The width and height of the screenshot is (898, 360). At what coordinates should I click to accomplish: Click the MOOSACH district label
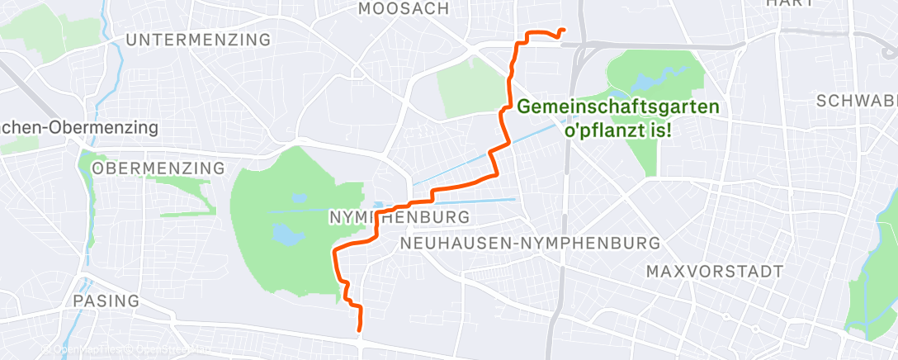404,8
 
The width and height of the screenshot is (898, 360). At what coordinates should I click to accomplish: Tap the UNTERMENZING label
200,40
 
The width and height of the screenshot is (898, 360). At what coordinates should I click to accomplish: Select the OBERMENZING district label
158,168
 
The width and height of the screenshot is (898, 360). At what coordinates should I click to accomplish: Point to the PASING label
105,301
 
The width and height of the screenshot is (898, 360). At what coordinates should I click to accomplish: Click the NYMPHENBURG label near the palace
399,217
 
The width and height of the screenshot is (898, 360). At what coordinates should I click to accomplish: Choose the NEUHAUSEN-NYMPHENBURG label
529,244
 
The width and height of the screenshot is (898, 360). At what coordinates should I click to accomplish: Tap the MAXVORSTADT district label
714,272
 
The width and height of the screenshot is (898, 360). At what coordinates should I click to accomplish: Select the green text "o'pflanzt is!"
617,130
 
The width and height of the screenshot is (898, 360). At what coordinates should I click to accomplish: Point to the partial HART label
791,3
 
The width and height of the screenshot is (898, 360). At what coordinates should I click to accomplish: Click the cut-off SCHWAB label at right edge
855,101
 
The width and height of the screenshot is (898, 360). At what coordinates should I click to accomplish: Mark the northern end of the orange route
563,31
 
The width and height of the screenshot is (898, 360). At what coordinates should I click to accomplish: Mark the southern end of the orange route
360,330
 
